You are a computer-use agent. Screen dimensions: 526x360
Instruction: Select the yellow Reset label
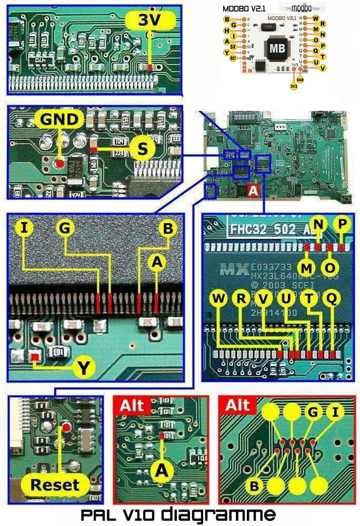click(x=55, y=484)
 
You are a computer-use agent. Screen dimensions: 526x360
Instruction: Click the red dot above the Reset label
click(x=66, y=427)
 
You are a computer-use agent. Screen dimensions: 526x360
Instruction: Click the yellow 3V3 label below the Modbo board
click(x=294, y=85)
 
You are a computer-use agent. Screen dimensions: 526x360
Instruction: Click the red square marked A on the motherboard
click(x=253, y=193)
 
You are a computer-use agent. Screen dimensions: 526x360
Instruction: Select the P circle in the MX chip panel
click(x=343, y=224)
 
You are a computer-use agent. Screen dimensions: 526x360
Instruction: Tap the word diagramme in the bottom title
click(x=218, y=514)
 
